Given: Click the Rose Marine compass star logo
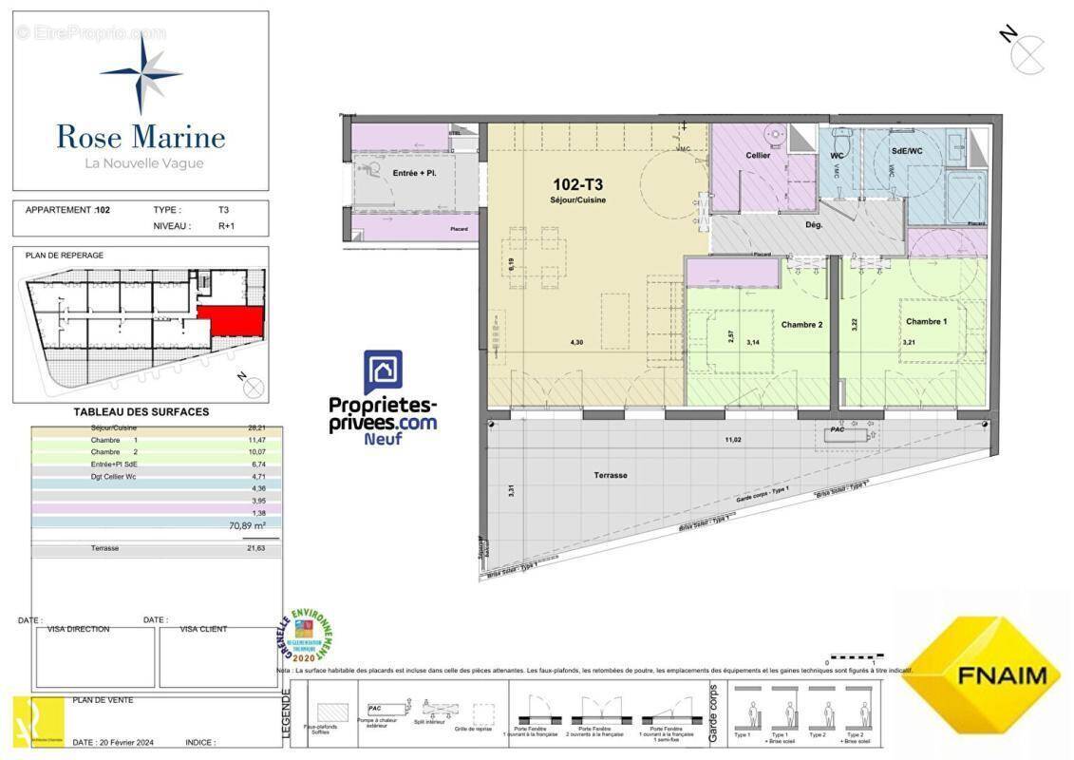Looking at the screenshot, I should coord(141,73).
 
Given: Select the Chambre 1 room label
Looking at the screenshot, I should coord(926,321).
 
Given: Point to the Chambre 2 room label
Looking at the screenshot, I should coord(801,324).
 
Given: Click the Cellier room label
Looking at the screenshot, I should coord(758,155).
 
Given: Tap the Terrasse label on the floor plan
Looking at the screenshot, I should coord(611,475).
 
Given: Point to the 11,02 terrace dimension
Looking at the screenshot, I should coord(732,440).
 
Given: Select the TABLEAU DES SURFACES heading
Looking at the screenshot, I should coord(141,412).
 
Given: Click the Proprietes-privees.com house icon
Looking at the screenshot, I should coord(383,372).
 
